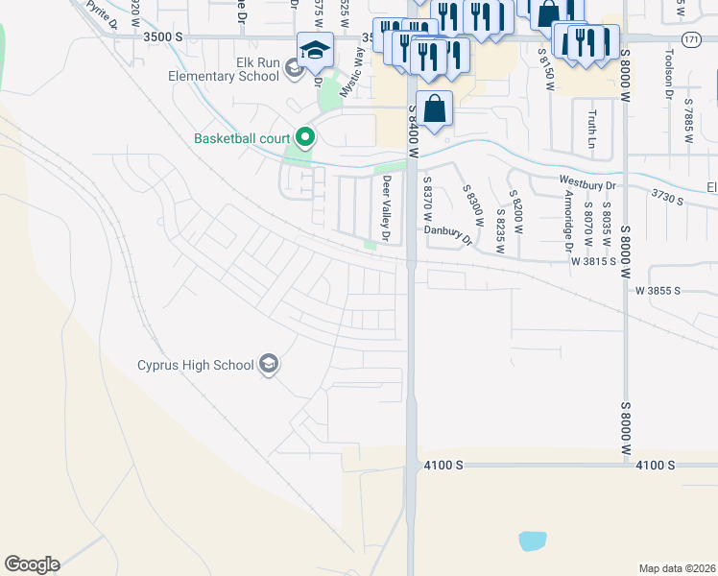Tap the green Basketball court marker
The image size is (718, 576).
point(306,139)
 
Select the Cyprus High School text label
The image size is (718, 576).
point(195,365)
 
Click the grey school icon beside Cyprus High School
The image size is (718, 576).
point(270,365)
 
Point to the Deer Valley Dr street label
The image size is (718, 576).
point(388,208)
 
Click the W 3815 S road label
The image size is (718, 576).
point(593,260)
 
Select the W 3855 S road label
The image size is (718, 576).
point(658,290)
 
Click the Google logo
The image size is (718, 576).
point(32,564)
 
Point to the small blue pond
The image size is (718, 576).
point(533,540)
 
